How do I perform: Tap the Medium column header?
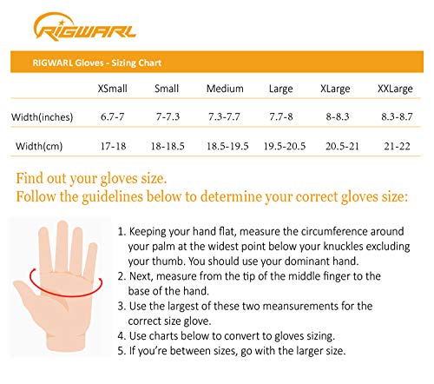click(x=226, y=88)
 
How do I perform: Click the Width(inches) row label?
click(x=42, y=116)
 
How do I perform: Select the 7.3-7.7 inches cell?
click(x=226, y=116)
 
